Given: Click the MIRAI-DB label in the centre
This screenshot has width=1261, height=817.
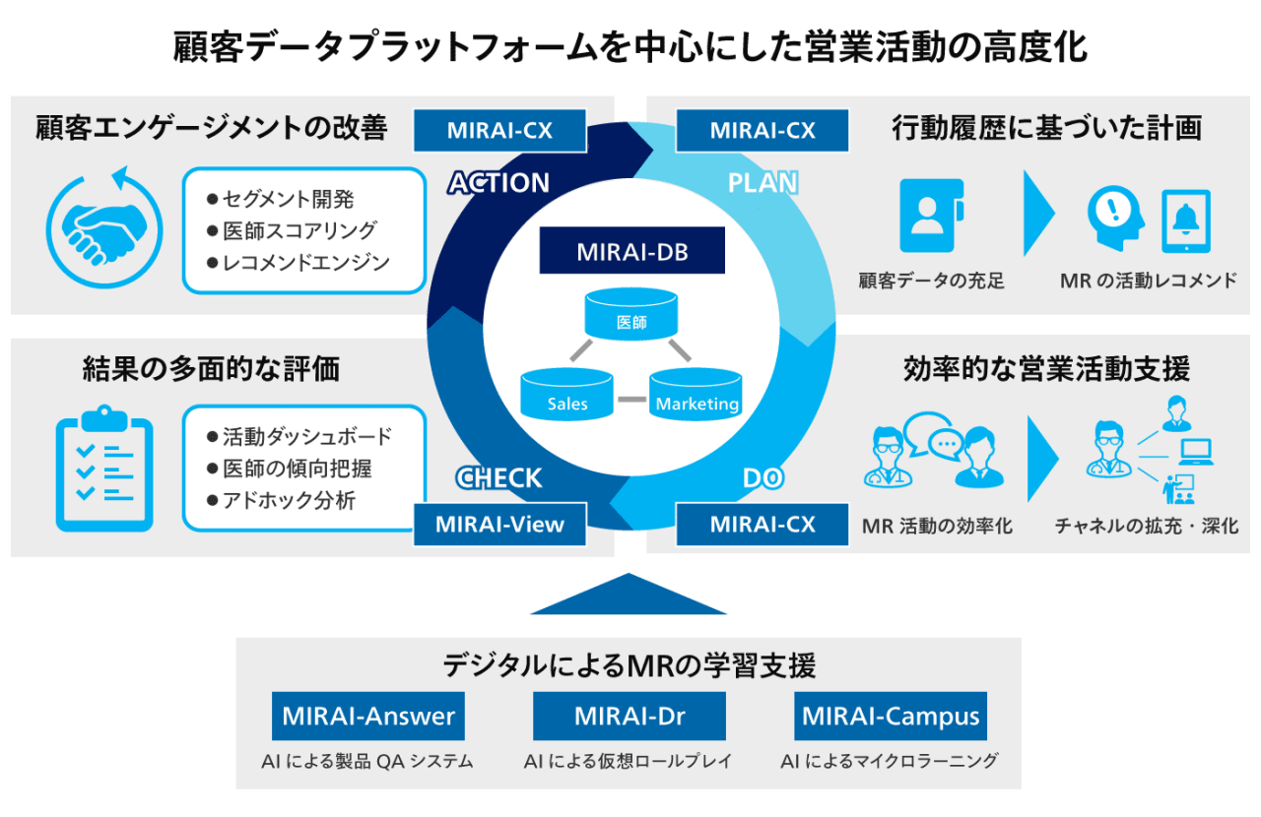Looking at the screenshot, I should point(631,251).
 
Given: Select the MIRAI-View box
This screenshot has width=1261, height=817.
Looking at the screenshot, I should point(499,524).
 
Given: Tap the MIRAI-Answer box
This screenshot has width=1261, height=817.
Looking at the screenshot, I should point(368,716).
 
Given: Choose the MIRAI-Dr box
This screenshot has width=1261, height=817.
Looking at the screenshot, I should point(630,716).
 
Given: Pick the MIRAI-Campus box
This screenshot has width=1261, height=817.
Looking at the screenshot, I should point(891,716).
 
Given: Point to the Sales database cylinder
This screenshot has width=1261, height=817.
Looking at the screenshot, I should point(567,394).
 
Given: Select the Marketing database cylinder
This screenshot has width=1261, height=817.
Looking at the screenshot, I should point(697,394).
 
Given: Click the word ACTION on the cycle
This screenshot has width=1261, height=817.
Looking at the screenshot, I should point(498,183).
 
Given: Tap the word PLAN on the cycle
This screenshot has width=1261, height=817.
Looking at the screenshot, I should point(763,183).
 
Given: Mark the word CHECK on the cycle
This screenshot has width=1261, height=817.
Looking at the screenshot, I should point(498,478).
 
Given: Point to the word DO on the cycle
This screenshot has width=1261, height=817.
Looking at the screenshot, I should point(763,478).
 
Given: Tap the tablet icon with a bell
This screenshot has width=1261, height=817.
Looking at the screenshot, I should point(1186,221).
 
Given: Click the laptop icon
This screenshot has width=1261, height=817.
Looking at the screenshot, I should point(1196,452).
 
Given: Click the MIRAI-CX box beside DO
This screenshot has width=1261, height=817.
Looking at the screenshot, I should point(763,524).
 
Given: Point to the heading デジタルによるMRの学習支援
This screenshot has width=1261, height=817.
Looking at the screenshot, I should point(629,665).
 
